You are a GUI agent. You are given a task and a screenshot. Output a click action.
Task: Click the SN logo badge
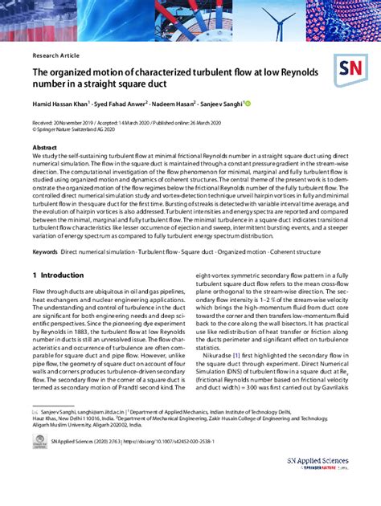(354, 71)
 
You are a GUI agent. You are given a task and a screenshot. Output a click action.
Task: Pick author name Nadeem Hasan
(207, 104)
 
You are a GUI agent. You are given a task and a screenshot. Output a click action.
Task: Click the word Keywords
(45, 251)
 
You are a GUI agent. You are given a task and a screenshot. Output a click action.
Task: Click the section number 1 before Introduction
(34, 275)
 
